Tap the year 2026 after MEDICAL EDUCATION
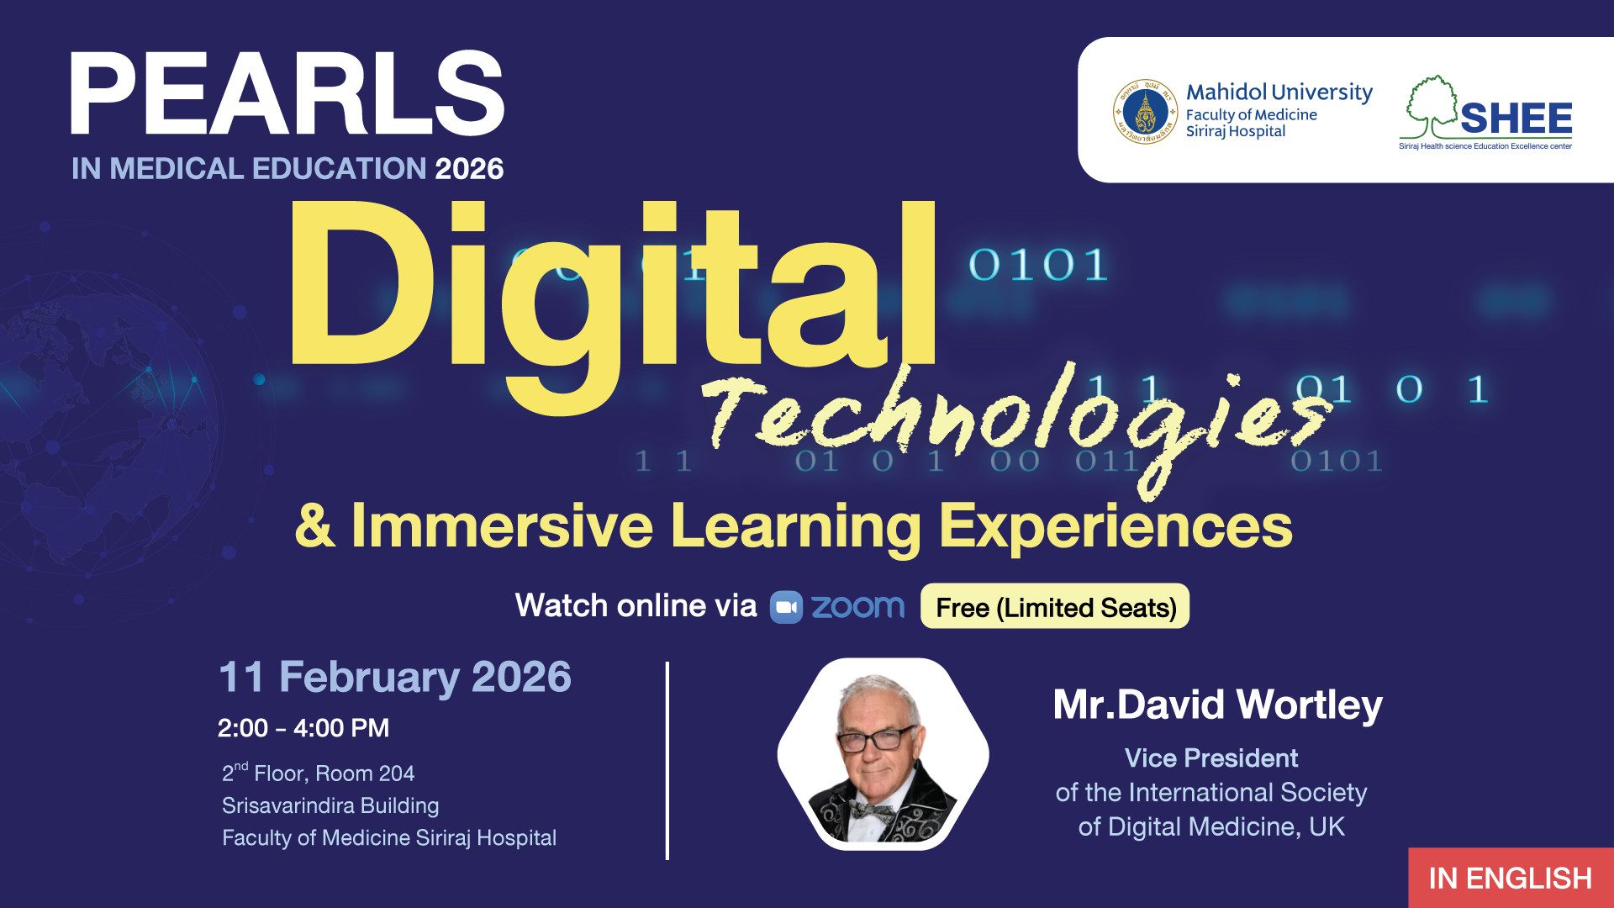469,169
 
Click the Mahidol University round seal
1145,112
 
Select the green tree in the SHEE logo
1432,107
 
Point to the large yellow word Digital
612,303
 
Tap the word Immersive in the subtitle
502,526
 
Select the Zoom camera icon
787,607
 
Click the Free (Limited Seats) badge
1055,606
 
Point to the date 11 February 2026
394,678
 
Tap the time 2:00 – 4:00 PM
303,728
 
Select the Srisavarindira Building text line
330,805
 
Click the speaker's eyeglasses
874,740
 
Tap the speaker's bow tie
871,812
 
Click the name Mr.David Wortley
1217,705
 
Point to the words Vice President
1211,758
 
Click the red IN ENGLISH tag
1511,878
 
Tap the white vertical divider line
667,761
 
